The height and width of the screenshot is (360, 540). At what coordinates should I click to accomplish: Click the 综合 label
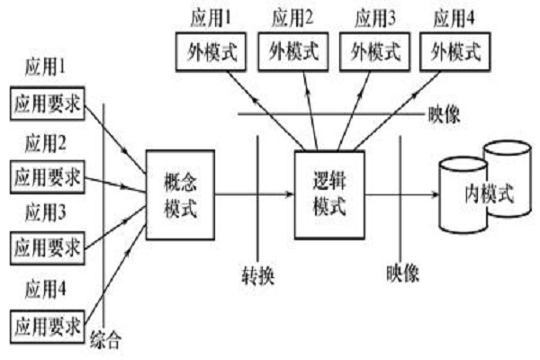(x=107, y=342)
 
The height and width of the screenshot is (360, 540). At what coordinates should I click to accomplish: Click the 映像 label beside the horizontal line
(x=443, y=115)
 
